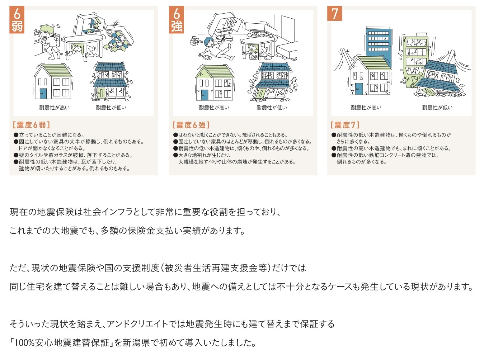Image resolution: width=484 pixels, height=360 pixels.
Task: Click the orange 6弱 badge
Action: (x=17, y=20)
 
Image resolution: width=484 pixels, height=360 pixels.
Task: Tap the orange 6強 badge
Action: (x=176, y=20)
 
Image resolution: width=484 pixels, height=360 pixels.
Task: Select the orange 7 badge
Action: (x=334, y=13)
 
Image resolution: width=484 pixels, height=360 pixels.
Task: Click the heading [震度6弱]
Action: (x=31, y=125)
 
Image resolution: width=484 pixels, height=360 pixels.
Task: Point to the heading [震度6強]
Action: (x=191, y=125)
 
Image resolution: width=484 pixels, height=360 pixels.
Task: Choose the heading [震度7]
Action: (x=345, y=125)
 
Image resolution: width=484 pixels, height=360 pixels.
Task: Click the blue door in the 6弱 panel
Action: (x=43, y=94)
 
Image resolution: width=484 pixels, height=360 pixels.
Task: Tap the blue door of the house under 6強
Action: (x=205, y=95)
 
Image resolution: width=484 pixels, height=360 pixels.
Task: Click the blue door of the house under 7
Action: (x=359, y=89)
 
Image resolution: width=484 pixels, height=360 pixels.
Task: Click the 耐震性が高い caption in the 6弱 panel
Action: (x=54, y=108)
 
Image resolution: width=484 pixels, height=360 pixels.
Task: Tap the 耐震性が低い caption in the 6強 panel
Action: (x=272, y=108)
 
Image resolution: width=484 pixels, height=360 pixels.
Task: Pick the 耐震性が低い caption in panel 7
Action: (x=437, y=108)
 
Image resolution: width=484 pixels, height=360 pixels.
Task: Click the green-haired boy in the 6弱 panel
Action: (x=49, y=42)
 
